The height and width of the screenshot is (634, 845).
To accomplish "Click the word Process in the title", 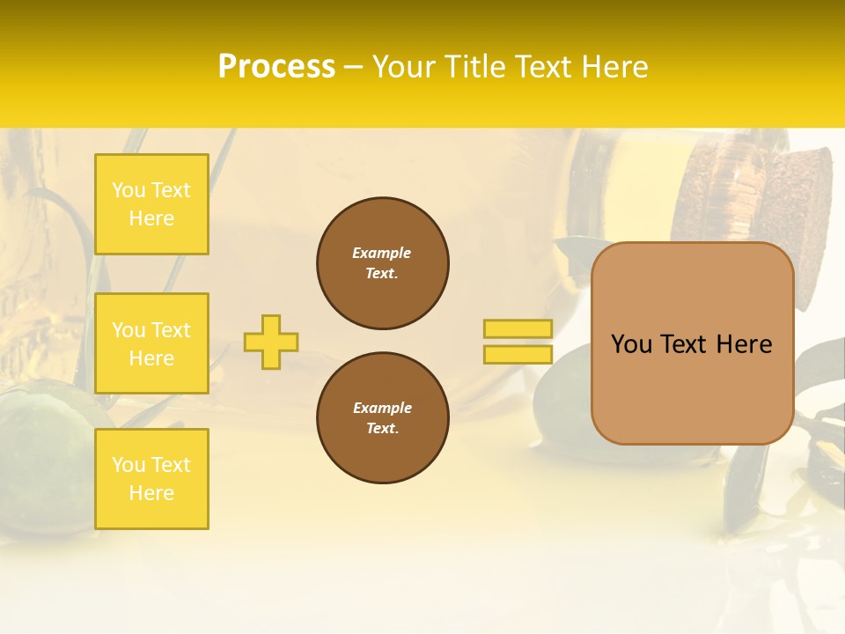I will click(x=276, y=66).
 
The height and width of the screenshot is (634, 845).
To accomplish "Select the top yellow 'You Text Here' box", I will click(x=151, y=204).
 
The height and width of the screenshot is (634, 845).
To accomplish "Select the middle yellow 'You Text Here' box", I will click(x=151, y=343).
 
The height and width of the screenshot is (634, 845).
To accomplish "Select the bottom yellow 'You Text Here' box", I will click(x=151, y=479).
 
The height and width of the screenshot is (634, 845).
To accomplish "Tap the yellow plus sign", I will click(x=271, y=342).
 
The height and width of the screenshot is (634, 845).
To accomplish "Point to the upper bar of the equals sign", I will click(x=518, y=329).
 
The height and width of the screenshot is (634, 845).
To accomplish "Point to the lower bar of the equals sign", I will click(x=518, y=354).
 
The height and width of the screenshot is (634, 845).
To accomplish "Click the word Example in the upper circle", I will click(x=382, y=253).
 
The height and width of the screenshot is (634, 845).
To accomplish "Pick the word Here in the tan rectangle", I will click(x=744, y=344).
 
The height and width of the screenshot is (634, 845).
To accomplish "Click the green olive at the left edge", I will click(x=40, y=458).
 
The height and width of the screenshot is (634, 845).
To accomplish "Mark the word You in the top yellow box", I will click(x=128, y=190).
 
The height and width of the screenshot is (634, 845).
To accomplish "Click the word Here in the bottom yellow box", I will click(x=151, y=493).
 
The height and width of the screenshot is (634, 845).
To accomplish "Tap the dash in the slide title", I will click(x=354, y=66).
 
